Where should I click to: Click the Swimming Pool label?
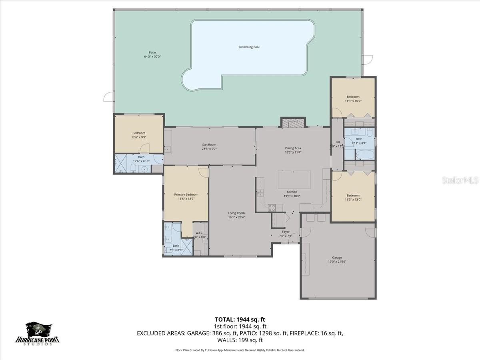tap(249, 47)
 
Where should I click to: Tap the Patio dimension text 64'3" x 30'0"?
tap(152, 57)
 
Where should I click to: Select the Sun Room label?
tap(209, 145)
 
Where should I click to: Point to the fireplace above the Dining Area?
tap(293, 123)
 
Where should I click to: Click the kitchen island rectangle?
tap(294, 179)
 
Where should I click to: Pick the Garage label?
tap(337, 258)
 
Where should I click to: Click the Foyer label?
tap(286, 232)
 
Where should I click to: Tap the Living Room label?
tap(236, 213)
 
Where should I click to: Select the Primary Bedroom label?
tap(186, 194)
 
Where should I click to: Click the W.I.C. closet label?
tap(199, 233)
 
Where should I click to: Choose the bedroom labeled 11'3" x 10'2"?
tap(353, 97)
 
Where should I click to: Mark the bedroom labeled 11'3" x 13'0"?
tap(353, 196)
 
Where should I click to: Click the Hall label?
tap(337, 142)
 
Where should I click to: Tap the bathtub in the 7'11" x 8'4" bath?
tap(364, 154)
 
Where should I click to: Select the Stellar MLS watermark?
tap(460, 180)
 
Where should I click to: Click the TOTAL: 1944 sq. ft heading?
tap(240, 319)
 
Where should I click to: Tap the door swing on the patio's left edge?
tap(108, 96)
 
